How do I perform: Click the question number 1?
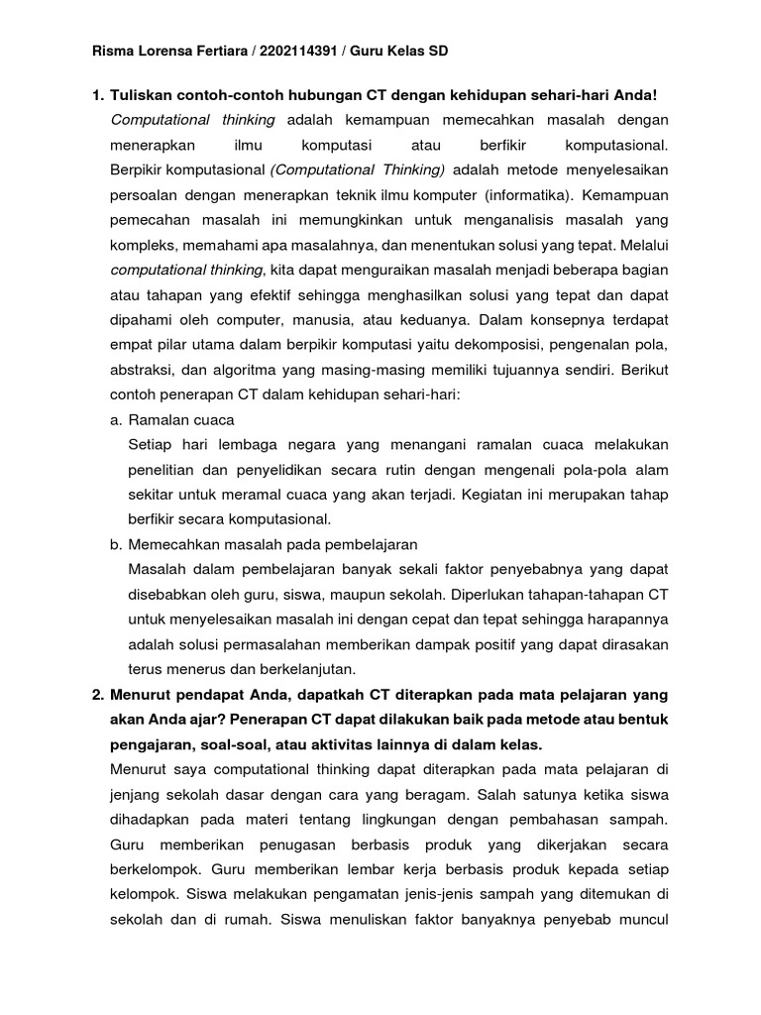click(x=96, y=95)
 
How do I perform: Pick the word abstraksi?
click(x=142, y=369)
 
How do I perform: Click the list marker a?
click(x=116, y=419)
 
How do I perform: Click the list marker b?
click(x=116, y=544)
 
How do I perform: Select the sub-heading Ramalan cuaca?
click(x=181, y=419)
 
